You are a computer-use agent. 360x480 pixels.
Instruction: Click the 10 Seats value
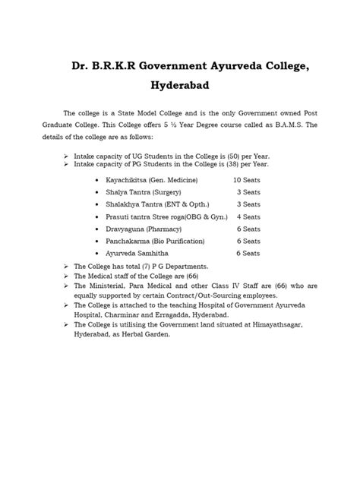(248, 180)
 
